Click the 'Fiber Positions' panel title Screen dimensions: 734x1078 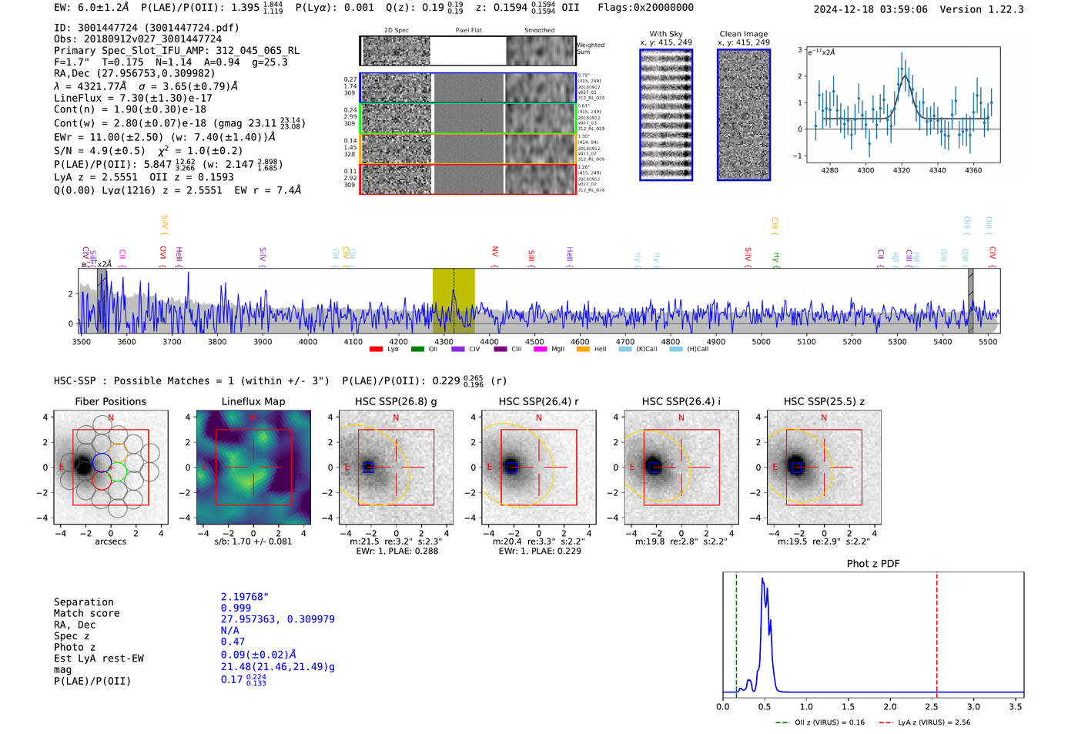pos(110,401)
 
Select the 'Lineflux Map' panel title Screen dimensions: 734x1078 pos(253,401)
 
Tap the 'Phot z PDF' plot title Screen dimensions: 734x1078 pos(873,564)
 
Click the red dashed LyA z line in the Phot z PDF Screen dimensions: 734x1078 pos(937,632)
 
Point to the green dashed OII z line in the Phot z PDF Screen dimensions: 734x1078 pos(736,632)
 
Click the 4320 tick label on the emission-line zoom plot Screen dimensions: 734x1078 pos(902,170)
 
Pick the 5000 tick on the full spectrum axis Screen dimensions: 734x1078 pos(761,341)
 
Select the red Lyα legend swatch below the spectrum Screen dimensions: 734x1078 pos(376,350)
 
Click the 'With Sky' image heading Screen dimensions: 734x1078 pos(666,34)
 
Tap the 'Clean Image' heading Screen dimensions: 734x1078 pos(744,34)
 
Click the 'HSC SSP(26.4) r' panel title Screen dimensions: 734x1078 pos(538,401)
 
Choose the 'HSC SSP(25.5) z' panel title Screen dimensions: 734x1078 pos(824,401)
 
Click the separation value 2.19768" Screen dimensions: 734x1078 pos(245,597)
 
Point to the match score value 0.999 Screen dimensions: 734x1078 pos(236,608)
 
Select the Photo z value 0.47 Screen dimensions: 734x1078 pos(233,642)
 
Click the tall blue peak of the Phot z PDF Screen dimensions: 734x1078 pos(762,582)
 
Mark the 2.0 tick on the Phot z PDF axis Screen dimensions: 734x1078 pos(890,706)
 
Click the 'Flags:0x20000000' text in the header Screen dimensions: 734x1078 pos(645,8)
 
